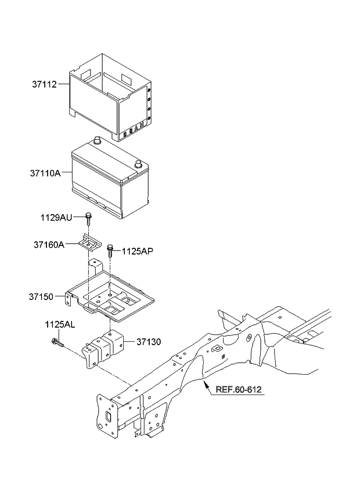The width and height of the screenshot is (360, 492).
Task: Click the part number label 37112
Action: pos(44,84)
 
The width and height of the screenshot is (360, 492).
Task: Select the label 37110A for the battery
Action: pos(45,173)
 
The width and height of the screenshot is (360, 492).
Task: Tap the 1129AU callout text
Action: pos(56,218)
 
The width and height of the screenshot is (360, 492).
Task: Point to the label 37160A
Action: pos(49,245)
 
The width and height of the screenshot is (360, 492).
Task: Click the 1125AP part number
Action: pos(138,251)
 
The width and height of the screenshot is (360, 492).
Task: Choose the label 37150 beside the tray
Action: pos(41,297)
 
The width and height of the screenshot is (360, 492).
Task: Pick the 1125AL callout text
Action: pos(59,325)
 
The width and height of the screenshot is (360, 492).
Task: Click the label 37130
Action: pos(149,342)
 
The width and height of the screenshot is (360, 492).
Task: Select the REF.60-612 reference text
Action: pos(239,390)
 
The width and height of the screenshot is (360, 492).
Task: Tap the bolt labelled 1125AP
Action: pos(110,251)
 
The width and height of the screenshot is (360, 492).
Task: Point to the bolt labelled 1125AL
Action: pos(57,343)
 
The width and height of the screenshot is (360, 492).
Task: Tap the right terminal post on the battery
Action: pos(138,164)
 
